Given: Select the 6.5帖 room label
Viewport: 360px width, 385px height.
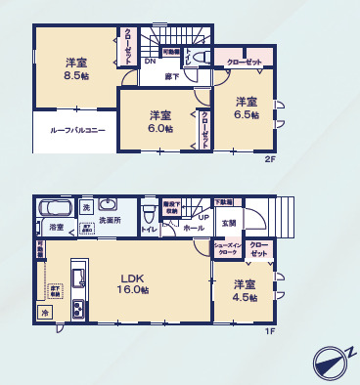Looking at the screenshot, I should [246, 107].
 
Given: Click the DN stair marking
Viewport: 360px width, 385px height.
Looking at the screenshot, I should [151, 62].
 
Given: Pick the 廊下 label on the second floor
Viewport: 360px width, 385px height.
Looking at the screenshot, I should [171, 72].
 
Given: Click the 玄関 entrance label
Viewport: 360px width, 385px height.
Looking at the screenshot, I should [227, 223].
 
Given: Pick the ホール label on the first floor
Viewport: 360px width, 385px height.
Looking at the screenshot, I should [194, 228].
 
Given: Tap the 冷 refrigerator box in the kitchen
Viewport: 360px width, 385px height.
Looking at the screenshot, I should [45, 312].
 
